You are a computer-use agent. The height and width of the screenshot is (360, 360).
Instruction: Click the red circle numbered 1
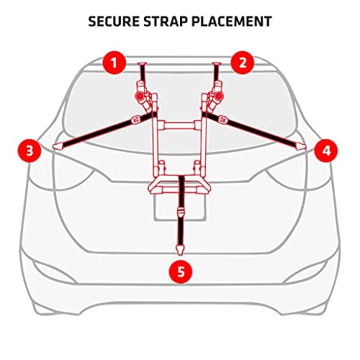[x=114, y=63]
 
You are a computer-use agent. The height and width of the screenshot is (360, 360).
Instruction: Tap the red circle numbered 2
[x=243, y=63]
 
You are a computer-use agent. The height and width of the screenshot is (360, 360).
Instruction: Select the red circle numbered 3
[x=30, y=151]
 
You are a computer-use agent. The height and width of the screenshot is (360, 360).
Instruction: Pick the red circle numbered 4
[x=326, y=151]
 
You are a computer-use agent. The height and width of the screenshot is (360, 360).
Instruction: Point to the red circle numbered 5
[x=181, y=272]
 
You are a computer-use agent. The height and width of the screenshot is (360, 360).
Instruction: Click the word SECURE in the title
[x=114, y=22]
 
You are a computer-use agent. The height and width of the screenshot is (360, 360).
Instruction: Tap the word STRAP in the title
[x=165, y=22]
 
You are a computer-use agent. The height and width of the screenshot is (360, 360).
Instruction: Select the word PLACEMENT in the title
[x=232, y=22]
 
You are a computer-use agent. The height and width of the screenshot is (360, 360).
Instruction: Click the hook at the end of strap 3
[x=58, y=146]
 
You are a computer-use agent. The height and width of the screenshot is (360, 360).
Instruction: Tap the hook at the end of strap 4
[x=300, y=146]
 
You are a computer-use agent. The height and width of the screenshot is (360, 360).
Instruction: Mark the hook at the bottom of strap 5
[x=180, y=250]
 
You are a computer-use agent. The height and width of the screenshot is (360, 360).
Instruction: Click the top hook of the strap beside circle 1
[x=142, y=64]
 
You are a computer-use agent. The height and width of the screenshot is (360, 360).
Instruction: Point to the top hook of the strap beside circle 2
[x=217, y=64]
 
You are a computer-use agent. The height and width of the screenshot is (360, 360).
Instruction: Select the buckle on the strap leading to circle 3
[x=136, y=120]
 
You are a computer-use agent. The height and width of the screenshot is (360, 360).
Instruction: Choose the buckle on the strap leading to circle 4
[x=222, y=120]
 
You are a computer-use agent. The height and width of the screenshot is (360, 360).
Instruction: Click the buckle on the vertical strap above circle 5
[x=180, y=212]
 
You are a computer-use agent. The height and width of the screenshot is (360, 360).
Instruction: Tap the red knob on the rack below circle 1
[x=140, y=96]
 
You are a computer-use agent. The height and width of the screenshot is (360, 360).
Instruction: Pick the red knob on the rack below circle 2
[x=219, y=96]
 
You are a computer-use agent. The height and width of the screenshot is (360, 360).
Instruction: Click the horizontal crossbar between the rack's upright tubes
[x=180, y=125]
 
